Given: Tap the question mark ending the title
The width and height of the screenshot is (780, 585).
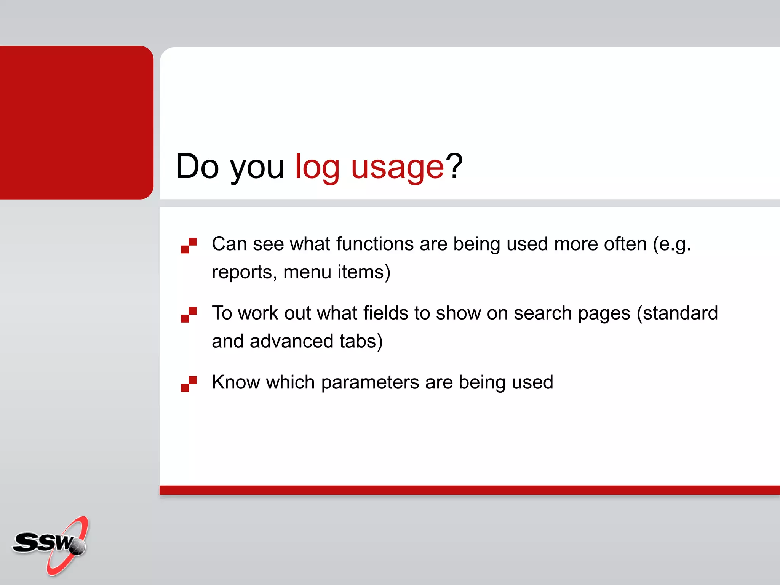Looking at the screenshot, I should (454, 166).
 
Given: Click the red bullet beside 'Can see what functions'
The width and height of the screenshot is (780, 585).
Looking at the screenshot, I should (189, 245).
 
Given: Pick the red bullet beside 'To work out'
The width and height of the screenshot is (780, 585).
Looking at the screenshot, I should (189, 315).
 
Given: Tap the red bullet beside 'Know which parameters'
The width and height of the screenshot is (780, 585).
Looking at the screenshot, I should (189, 384).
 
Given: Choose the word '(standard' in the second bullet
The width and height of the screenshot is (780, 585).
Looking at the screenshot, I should (677, 313).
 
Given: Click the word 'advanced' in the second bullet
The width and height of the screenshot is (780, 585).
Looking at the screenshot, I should (291, 341).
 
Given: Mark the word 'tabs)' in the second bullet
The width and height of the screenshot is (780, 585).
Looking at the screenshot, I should (361, 341).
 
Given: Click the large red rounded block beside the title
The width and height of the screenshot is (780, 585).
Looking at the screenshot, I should (76, 122).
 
